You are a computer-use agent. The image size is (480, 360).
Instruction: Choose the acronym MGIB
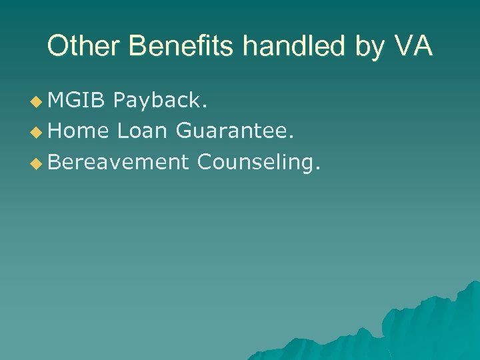77,100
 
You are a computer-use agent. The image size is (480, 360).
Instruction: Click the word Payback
161,100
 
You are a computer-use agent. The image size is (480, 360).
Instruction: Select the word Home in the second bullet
78,131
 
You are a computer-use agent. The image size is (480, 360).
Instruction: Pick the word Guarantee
234,131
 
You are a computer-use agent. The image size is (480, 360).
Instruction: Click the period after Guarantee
290,137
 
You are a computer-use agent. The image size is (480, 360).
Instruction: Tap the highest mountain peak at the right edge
475,283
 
